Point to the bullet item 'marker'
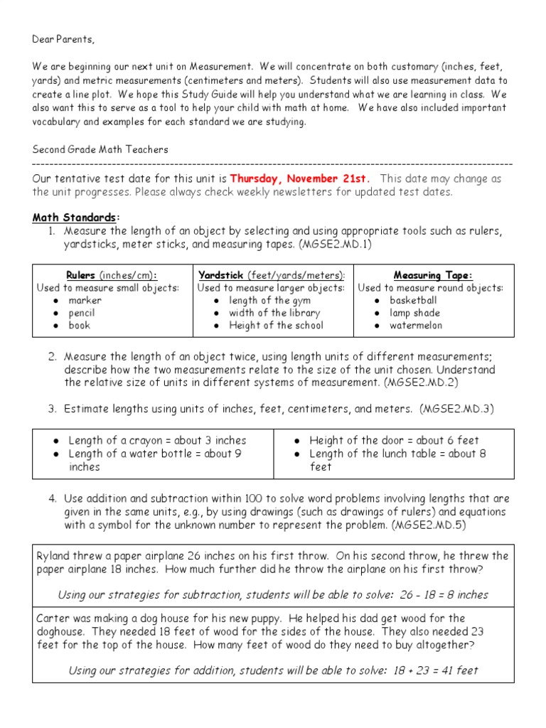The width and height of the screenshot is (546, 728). tap(85, 301)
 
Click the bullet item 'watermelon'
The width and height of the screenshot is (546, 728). tap(415, 326)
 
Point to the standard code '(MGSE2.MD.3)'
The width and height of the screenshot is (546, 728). tap(456, 409)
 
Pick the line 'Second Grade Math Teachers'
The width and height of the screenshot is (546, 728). tap(100, 149)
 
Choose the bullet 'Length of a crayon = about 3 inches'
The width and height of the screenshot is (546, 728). tap(157, 441)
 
